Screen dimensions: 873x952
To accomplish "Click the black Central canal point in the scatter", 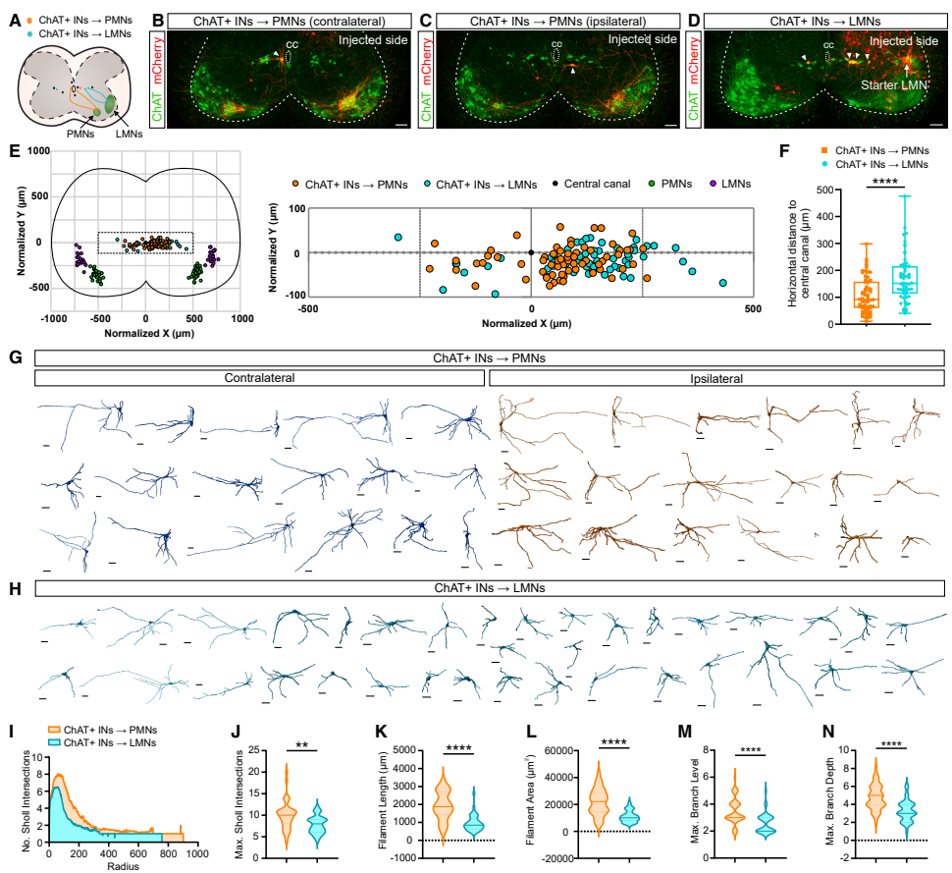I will (x=531, y=252).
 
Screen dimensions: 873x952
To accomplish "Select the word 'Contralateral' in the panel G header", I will (x=260, y=378).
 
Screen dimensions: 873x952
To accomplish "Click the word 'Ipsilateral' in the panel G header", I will (x=716, y=378).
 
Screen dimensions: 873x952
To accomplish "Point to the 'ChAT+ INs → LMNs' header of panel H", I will (x=490, y=588).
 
